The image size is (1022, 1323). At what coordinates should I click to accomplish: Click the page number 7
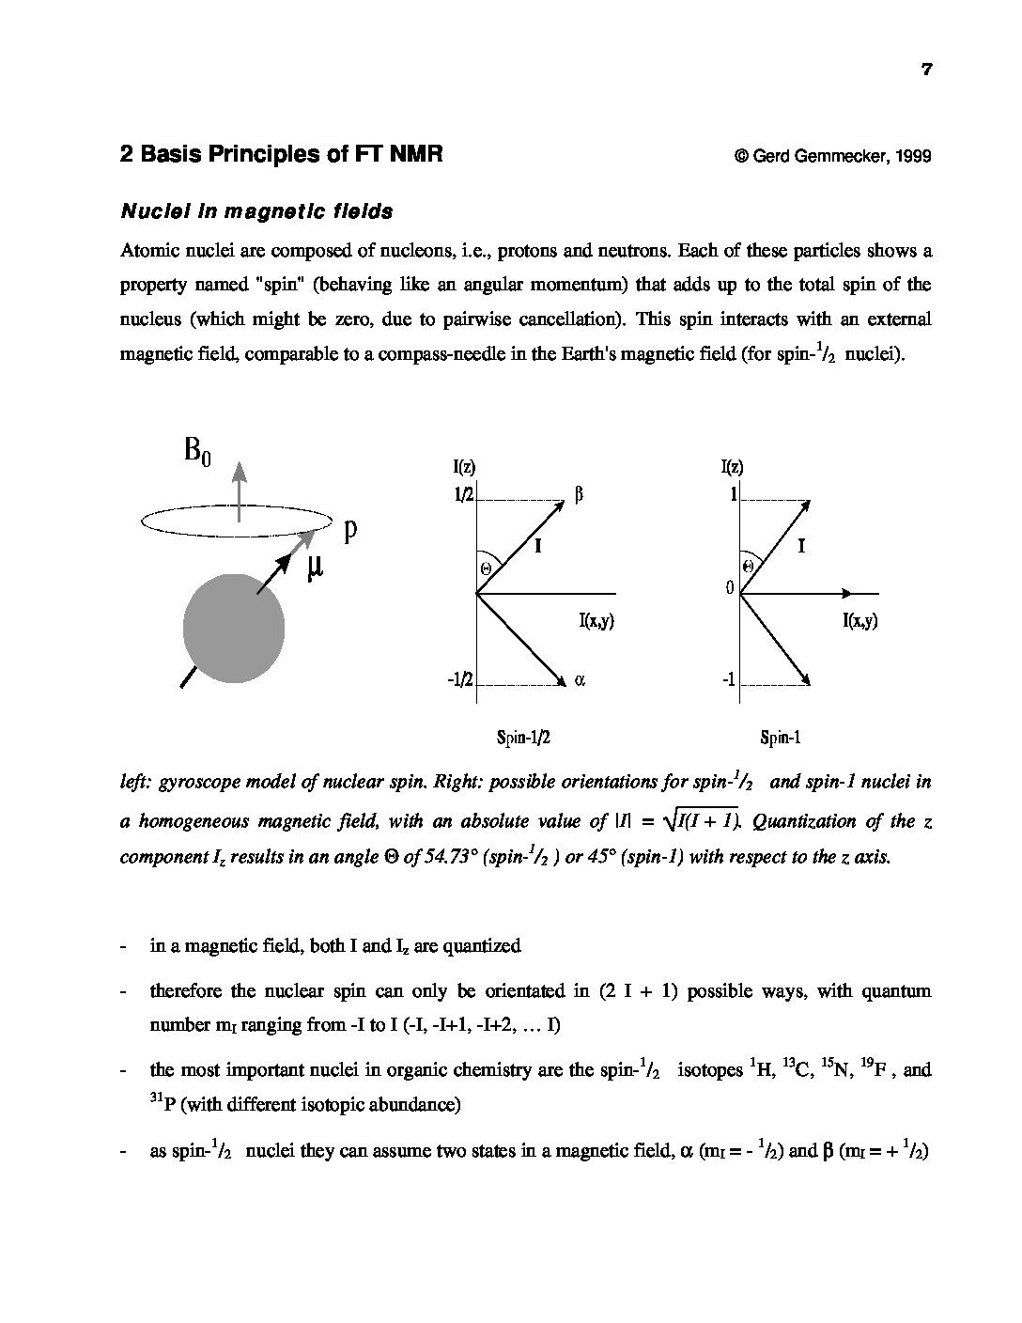926,69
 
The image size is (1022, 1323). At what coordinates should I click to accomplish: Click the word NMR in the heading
411,154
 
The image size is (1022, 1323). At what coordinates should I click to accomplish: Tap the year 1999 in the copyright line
913,156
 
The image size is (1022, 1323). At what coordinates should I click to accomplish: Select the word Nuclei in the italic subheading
150,211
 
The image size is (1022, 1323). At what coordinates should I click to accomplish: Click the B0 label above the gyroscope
197,452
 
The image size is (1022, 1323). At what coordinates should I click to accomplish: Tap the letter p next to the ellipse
349,531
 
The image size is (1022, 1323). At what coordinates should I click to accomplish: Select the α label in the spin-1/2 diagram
580,680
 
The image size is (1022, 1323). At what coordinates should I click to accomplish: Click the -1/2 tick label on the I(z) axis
460,680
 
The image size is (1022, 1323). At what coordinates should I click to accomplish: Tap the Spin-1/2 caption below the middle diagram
522,738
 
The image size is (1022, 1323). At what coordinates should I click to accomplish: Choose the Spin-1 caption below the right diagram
780,738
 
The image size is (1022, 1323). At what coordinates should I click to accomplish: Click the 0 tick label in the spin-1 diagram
729,588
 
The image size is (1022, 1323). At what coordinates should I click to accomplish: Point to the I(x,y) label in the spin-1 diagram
859,620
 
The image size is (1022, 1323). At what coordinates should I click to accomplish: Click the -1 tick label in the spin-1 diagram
728,680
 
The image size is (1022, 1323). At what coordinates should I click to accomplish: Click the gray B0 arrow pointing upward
240,489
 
